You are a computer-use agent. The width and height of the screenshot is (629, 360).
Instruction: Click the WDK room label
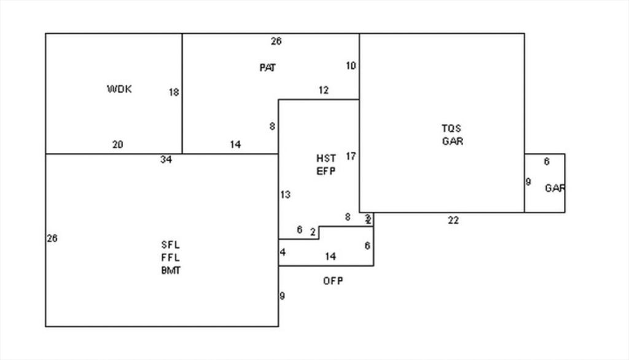pyautogui.click(x=119, y=89)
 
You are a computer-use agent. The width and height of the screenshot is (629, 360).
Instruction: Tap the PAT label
pyautogui.click(x=267, y=68)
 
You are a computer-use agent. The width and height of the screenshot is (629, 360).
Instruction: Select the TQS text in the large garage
pyautogui.click(x=451, y=128)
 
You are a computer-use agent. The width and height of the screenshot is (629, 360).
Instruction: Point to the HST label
pyautogui.click(x=326, y=158)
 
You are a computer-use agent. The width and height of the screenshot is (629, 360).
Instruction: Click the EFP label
pyautogui.click(x=326, y=171)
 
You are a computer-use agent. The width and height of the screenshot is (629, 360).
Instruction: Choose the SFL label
pyautogui.click(x=170, y=245)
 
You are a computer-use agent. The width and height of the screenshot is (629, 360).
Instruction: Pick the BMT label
pyautogui.click(x=170, y=270)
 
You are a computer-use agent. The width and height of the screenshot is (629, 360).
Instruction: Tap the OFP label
pyautogui.click(x=333, y=281)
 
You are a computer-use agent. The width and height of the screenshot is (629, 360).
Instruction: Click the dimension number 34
pyautogui.click(x=166, y=160)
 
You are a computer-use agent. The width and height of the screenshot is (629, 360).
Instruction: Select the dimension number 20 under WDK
pyautogui.click(x=117, y=145)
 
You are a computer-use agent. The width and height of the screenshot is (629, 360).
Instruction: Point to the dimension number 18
pyautogui.click(x=174, y=93)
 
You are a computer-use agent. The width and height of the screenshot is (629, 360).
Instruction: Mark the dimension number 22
pyautogui.click(x=453, y=221)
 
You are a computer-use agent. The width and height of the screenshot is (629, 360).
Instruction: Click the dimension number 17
pyautogui.click(x=350, y=156)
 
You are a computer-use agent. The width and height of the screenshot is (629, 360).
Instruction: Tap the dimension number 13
pyautogui.click(x=285, y=195)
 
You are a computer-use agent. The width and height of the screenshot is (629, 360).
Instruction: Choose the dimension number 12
pyautogui.click(x=323, y=90)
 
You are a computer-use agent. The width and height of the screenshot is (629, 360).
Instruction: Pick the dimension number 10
pyautogui.click(x=350, y=66)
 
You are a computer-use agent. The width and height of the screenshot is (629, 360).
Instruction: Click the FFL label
pyautogui.click(x=170, y=258)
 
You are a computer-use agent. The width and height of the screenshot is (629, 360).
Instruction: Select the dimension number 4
pyautogui.click(x=283, y=252)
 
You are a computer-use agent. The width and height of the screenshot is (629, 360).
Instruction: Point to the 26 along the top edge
pyautogui.click(x=276, y=41)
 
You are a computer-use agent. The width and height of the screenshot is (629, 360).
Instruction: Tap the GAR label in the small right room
pyautogui.click(x=555, y=189)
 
